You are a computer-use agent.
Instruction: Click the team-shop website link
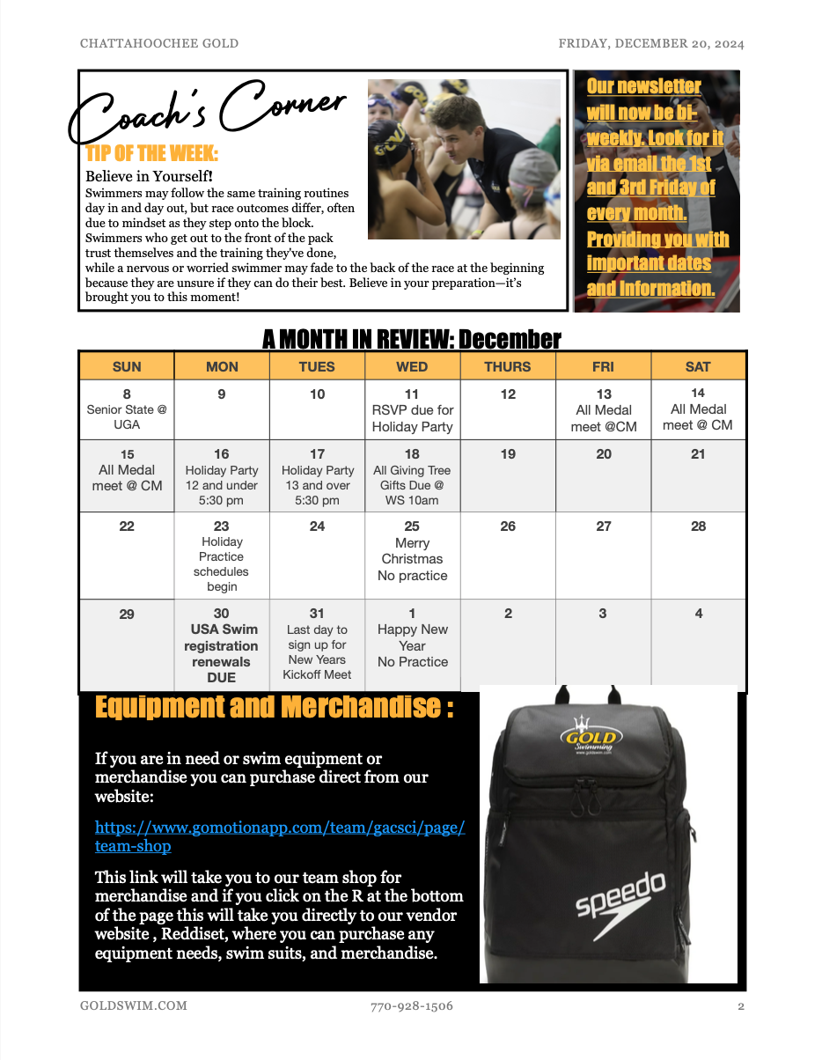pyautogui.click(x=279, y=837)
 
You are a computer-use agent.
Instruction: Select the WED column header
pyautogui.click(x=412, y=366)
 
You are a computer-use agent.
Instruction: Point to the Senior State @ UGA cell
pyautogui.click(x=127, y=409)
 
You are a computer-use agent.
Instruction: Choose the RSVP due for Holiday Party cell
pyautogui.click(x=412, y=410)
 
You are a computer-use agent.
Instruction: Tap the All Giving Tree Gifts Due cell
pyautogui.click(x=412, y=476)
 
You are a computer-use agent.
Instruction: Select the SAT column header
pyautogui.click(x=698, y=366)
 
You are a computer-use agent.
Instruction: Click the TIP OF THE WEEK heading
pyautogui.click(x=152, y=153)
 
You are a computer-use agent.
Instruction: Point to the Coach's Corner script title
pyautogui.click(x=208, y=112)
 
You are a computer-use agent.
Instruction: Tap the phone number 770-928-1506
pyautogui.click(x=412, y=1005)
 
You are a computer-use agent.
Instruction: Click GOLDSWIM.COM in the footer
pyautogui.click(x=133, y=1005)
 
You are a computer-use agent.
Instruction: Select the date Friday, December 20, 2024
pyautogui.click(x=651, y=43)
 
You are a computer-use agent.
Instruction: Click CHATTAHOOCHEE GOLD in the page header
pyautogui.click(x=158, y=43)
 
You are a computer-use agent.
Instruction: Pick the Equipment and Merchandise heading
pyautogui.click(x=274, y=707)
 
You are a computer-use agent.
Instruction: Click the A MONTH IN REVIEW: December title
pyautogui.click(x=411, y=339)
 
